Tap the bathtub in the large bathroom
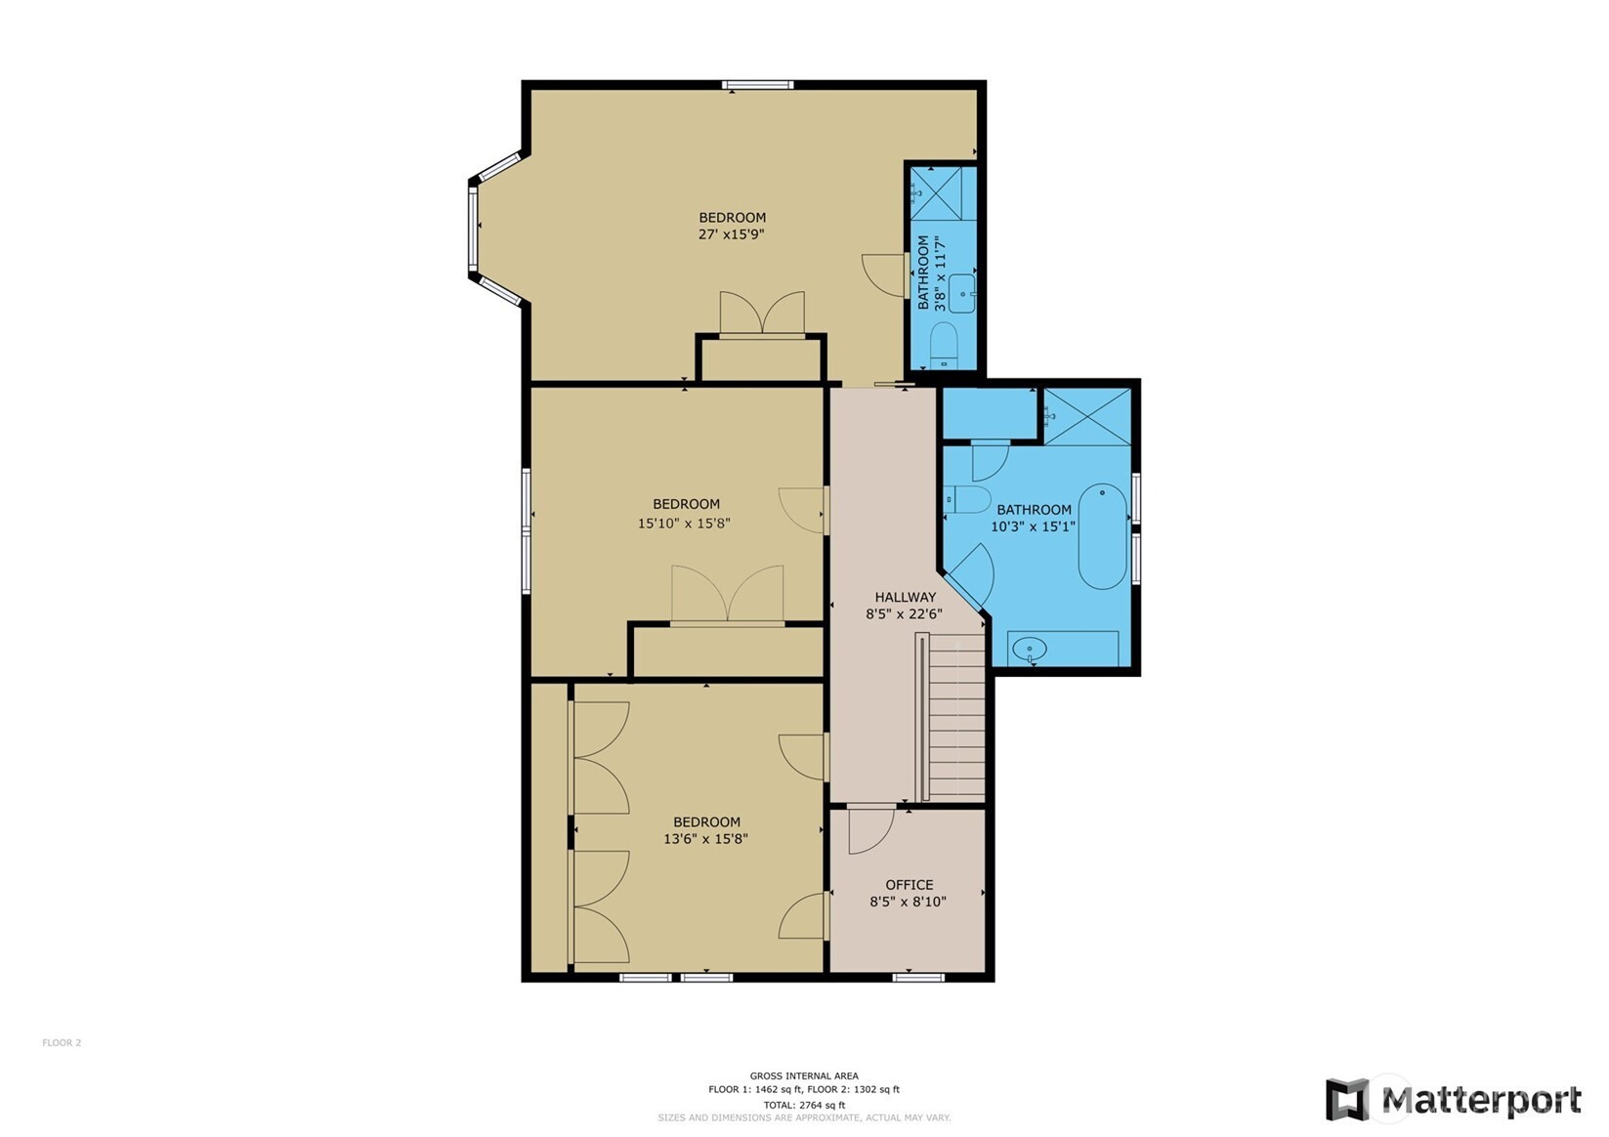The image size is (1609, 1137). (1103, 536)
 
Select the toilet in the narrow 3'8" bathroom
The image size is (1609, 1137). (943, 346)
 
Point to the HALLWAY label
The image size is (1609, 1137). (905, 597)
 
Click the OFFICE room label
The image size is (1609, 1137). (910, 885)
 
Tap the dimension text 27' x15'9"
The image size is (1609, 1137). (732, 234)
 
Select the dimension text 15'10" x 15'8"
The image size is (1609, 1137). (684, 523)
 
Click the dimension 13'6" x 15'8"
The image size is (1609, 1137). (706, 838)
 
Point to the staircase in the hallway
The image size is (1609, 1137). (950, 716)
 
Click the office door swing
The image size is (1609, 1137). (871, 830)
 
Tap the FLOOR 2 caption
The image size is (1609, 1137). (62, 1043)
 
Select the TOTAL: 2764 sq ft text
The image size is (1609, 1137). (804, 1106)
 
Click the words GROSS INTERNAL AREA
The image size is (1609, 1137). (804, 1075)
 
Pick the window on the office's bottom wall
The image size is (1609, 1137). (918, 977)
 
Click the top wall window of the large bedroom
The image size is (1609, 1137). (758, 85)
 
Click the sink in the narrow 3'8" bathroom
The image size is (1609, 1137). (962, 294)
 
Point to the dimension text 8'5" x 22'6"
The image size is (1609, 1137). (905, 614)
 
